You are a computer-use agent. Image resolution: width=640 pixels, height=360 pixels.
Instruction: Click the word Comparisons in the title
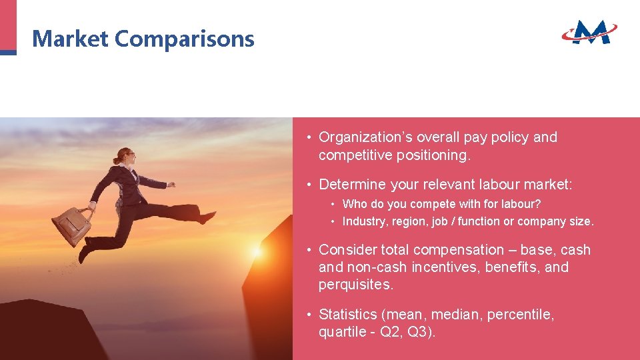[185, 39]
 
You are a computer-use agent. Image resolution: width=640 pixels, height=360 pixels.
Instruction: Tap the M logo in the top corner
[589, 31]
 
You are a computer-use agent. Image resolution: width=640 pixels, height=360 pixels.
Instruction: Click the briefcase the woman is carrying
[71, 225]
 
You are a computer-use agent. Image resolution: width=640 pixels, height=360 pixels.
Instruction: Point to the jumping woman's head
[125, 157]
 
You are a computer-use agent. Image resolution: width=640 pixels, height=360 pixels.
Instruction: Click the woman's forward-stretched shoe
[207, 217]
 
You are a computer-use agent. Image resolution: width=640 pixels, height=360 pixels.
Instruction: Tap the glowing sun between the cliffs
[257, 253]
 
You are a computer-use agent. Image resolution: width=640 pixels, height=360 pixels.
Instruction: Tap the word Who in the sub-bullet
[353, 204]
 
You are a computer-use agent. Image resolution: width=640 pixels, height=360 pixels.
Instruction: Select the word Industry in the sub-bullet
[363, 221]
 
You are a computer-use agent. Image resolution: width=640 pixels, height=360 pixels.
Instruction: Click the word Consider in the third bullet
[347, 250]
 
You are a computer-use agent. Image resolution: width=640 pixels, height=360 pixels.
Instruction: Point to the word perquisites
[356, 285]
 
